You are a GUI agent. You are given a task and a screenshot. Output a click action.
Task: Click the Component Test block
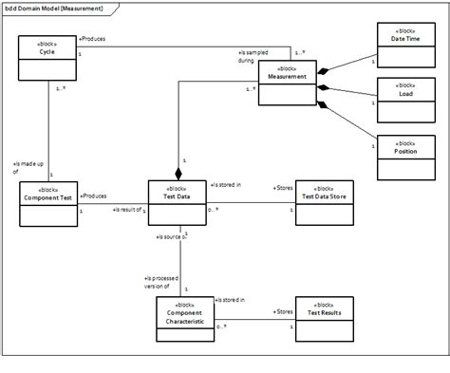point(48,202)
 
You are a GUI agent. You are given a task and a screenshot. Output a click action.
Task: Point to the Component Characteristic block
point(183,318)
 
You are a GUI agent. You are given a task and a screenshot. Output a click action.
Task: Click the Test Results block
point(324,318)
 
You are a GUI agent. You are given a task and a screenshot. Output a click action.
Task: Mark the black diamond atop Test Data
point(178,174)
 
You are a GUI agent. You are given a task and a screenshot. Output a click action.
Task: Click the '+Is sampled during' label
point(252,56)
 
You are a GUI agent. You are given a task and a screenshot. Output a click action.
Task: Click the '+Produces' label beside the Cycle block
point(92,40)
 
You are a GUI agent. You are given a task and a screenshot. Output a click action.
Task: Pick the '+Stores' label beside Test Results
point(283,309)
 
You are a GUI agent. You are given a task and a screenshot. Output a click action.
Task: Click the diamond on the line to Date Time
point(326,72)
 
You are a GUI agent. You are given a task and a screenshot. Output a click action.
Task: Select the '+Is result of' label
point(126,209)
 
